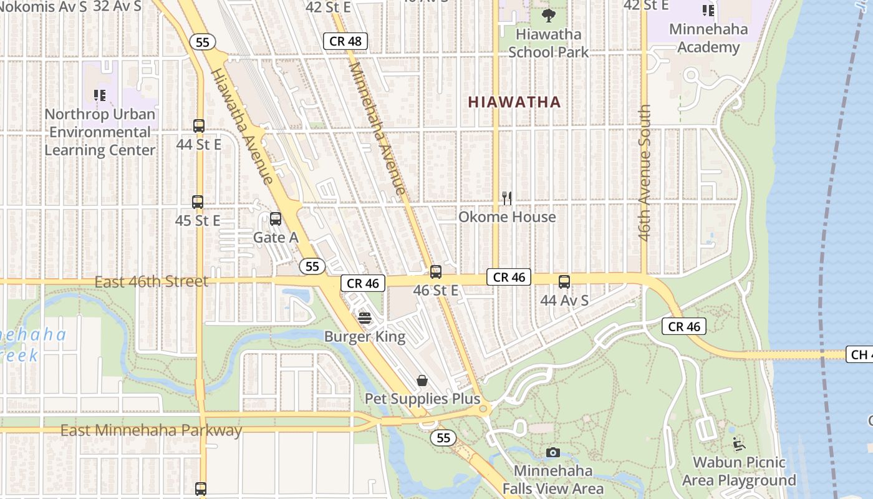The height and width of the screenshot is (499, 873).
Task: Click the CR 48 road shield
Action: point(345,41)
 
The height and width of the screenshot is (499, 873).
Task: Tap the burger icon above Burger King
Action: point(365,319)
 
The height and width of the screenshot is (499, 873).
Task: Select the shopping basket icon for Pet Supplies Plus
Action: point(422,380)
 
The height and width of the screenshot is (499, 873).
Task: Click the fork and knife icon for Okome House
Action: point(507,198)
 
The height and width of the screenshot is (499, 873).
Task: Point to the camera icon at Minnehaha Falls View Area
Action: point(552,452)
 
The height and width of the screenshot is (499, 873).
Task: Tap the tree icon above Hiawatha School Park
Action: point(549,15)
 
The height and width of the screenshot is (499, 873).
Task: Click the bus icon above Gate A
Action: point(275,219)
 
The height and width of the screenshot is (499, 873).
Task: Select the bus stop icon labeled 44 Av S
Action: point(564,282)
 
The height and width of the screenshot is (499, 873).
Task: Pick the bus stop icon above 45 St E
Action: point(198,202)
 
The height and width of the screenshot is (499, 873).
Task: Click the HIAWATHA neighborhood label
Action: point(514,102)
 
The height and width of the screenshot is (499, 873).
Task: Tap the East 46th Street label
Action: point(152,281)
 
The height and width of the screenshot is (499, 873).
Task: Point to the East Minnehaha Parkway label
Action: point(152,430)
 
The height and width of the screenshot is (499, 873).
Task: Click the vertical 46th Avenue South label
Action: point(645,173)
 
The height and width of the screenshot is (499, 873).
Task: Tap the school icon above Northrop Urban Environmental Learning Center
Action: point(100,95)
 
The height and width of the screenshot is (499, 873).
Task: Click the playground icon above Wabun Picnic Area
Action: point(738,444)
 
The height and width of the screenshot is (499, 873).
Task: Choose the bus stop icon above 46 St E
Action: point(436,272)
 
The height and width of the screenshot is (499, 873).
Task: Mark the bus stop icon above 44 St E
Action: point(199,125)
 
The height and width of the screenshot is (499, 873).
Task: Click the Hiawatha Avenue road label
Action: point(242,126)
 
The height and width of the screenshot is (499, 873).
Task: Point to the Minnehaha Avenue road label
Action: point(377,127)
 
